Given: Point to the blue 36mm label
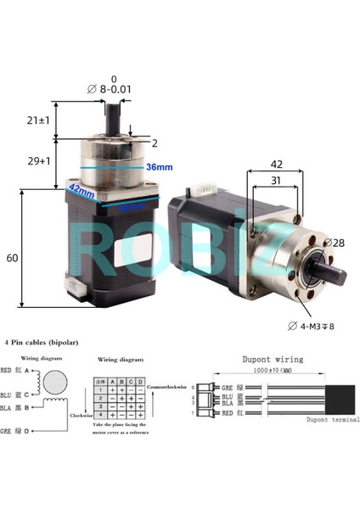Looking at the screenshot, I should point(159,167).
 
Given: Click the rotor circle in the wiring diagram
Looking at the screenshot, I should point(53,379).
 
